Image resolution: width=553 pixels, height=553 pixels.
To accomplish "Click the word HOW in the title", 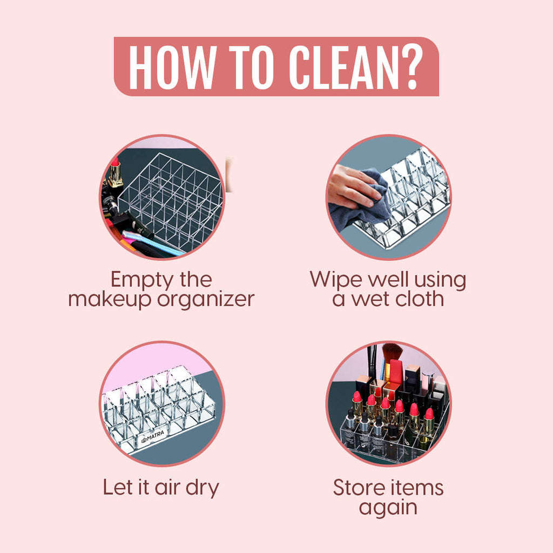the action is pyautogui.click(x=173, y=67).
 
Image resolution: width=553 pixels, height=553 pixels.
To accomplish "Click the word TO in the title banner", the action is pyautogui.click(x=252, y=67).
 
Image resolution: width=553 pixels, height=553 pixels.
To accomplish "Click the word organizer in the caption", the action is pyautogui.click(x=206, y=300).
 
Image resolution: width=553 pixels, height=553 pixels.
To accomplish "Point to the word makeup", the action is pyautogui.click(x=111, y=299).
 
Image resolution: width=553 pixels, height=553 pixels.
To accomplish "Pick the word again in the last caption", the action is pyautogui.click(x=388, y=509).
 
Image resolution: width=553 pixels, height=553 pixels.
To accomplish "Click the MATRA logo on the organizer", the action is pyautogui.click(x=153, y=437).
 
